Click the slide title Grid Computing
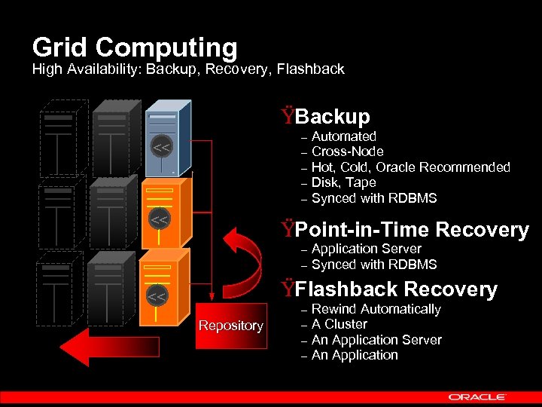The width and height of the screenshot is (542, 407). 135,47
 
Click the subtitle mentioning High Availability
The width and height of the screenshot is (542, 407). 188,69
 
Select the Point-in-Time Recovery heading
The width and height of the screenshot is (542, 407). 412,229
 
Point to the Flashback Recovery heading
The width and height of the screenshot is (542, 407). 396,289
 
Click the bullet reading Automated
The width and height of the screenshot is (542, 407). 343,136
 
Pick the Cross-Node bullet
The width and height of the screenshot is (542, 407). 347,151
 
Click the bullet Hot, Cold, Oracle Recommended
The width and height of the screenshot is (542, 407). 410,167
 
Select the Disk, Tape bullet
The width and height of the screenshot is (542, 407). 343,182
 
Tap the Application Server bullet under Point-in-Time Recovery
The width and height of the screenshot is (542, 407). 366,249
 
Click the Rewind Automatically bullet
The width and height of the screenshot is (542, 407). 376,309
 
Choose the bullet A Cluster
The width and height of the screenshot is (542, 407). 339,324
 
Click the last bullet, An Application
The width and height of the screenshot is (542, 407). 354,355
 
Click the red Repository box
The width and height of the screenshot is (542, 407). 230,326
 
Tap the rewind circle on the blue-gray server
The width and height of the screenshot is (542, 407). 160,145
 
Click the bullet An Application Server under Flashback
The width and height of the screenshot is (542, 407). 376,340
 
